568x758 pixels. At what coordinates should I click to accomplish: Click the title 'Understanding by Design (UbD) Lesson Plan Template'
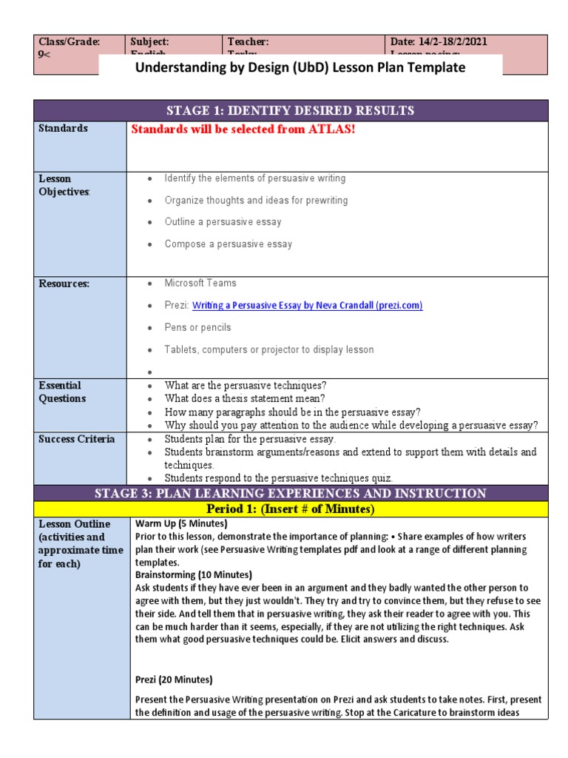click(300, 67)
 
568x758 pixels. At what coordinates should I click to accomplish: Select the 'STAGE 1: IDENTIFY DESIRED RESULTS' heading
click(290, 111)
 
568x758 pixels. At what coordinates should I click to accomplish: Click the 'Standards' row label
click(63, 129)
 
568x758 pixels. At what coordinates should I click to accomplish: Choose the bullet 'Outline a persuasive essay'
click(223, 222)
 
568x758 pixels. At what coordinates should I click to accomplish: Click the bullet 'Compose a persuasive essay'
click(228, 244)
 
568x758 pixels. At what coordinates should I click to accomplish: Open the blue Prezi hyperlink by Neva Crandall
click(307, 305)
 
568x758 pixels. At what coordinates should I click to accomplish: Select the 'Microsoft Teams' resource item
click(200, 284)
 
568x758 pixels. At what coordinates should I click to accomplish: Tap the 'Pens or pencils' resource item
click(197, 327)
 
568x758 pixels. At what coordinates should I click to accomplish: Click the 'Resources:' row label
click(64, 284)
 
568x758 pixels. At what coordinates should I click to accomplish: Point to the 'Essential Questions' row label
click(62, 392)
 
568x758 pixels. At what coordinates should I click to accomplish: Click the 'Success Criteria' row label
click(76, 439)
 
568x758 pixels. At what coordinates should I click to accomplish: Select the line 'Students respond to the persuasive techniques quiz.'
click(279, 478)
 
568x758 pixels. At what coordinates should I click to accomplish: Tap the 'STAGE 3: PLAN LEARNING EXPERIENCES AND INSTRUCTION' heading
click(290, 493)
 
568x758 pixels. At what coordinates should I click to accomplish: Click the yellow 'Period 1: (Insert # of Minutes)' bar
click(290, 509)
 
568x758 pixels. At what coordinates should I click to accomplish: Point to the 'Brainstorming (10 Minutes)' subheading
click(194, 574)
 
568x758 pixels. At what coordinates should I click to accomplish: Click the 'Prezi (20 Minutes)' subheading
click(174, 680)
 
